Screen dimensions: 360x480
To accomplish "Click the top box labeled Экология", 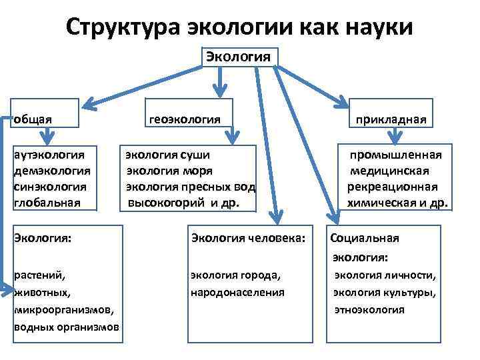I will (239, 55).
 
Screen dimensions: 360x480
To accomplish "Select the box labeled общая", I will (46, 119).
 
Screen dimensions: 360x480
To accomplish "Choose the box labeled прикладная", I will (391, 120).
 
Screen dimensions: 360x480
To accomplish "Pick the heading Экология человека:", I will (248, 237).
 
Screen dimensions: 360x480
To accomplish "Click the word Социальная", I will (364, 238).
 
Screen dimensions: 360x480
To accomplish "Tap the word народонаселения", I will (237, 292).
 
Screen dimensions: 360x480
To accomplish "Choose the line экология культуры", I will (385, 292).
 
